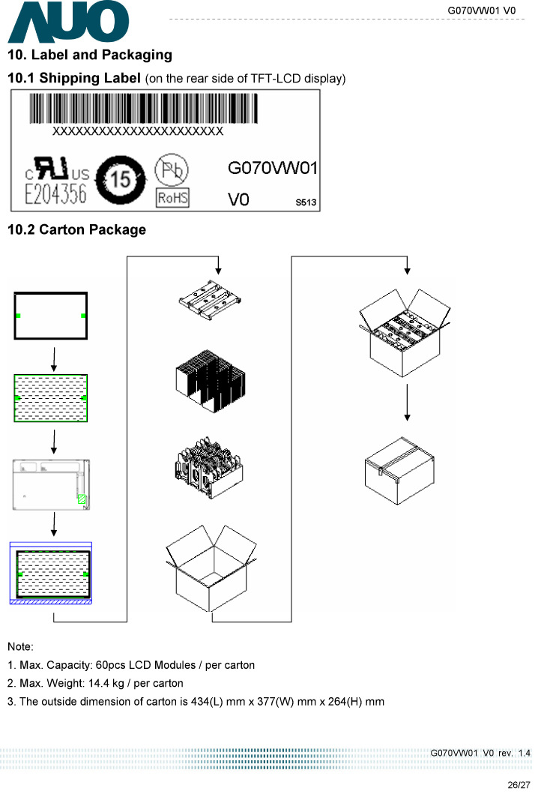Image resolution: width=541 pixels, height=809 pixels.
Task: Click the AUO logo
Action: tap(68, 22)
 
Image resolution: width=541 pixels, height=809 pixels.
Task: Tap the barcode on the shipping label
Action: tap(143, 108)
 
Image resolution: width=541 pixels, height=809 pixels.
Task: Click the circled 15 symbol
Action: tap(118, 180)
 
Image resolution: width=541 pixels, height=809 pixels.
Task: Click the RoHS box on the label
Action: tap(172, 198)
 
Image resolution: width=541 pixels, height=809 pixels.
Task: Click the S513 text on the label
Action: tap(304, 202)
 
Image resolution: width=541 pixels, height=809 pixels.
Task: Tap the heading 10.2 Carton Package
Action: tap(76, 229)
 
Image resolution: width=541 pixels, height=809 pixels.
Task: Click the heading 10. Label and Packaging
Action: tap(89, 55)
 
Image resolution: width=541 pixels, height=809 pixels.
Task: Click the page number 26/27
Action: tap(518, 785)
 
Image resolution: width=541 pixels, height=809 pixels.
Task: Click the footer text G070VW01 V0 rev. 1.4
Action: tap(480, 752)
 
